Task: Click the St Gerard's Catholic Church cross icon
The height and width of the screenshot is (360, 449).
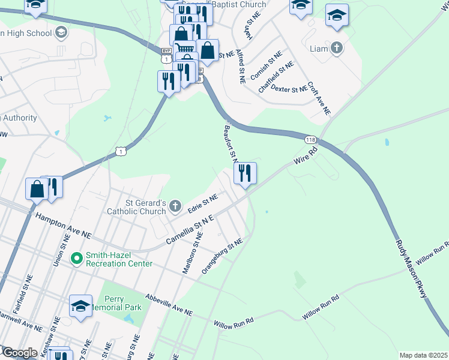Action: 175,206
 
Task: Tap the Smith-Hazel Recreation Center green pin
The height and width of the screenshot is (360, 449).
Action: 76,259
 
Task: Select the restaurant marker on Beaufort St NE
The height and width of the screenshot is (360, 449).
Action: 244,174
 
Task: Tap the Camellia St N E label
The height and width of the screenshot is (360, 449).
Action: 190,232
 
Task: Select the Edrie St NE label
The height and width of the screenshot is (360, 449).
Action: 202,202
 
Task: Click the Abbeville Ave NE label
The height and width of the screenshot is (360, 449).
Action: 169,305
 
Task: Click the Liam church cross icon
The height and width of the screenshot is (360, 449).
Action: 337,48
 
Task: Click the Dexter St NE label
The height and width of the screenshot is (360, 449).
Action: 289,89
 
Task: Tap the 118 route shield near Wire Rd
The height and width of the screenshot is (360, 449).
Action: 310,140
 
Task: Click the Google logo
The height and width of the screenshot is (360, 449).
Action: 19,353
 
